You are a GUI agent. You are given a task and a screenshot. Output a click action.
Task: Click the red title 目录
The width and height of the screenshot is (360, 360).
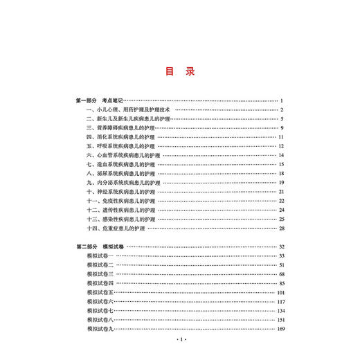179,71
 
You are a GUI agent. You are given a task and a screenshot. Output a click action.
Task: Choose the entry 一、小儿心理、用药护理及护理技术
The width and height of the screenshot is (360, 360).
128,110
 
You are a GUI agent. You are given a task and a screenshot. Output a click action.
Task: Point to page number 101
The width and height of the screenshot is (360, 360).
281,292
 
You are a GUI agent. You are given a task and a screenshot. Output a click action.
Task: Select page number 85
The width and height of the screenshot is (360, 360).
282,283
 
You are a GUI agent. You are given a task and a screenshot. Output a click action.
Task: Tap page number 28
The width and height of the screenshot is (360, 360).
282,228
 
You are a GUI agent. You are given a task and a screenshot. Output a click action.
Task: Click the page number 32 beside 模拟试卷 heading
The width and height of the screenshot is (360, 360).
282,246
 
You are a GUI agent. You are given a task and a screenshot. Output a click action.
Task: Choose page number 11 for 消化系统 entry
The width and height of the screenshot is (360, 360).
282,137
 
